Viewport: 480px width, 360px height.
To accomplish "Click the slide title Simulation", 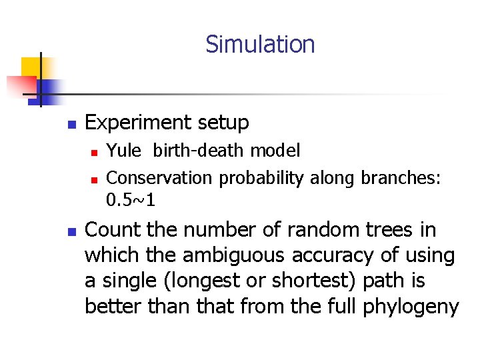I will pos(260,45).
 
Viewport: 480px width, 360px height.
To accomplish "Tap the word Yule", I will pos(123,151).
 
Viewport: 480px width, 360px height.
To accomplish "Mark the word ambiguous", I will pos(212,255).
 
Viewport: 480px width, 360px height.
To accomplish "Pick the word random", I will pos(317,230).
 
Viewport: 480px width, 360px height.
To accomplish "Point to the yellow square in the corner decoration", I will pos(32,68).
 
